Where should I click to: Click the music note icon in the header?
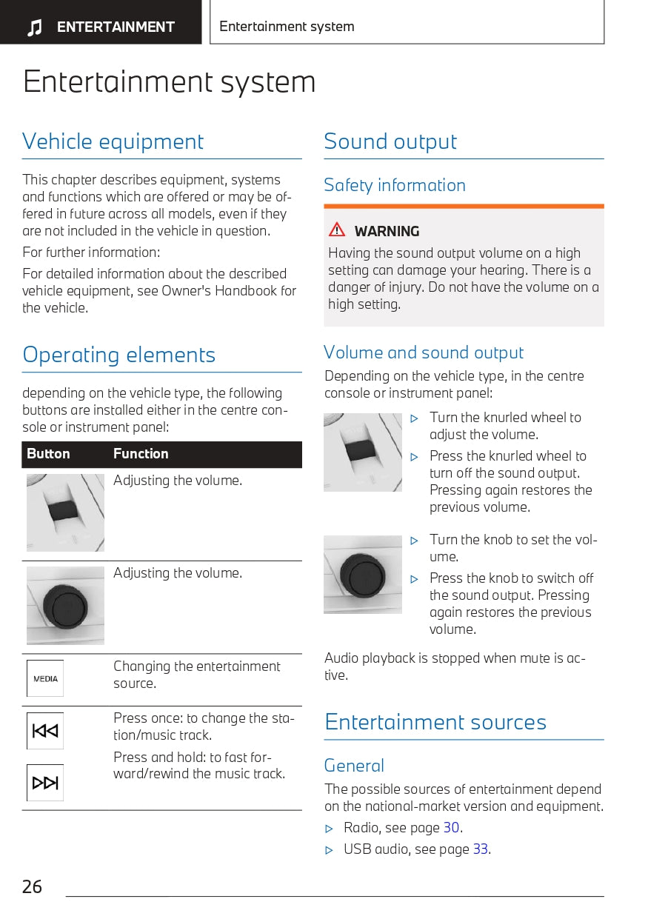tap(34, 28)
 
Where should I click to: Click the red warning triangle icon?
tap(338, 230)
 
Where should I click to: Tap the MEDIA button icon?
tap(45, 678)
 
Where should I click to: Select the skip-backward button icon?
tap(45, 731)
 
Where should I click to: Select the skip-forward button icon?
tap(45, 783)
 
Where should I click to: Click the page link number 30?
tap(451, 828)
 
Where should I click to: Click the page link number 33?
tap(481, 849)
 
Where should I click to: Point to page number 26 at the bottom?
tap(33, 886)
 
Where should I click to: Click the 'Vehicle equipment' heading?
tap(113, 141)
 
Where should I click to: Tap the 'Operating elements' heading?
tap(118, 355)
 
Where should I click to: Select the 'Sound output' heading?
tap(390, 141)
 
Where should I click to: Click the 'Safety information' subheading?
tap(395, 185)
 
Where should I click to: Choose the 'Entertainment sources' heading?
tap(435, 722)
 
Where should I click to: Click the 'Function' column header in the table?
tap(141, 454)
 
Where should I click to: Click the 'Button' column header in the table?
tap(48, 454)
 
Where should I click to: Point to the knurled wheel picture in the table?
tap(65, 512)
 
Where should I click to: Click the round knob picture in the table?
tap(65, 605)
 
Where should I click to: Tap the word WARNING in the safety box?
tap(387, 231)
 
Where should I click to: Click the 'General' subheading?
tap(354, 766)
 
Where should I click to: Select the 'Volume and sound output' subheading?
tap(424, 352)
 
